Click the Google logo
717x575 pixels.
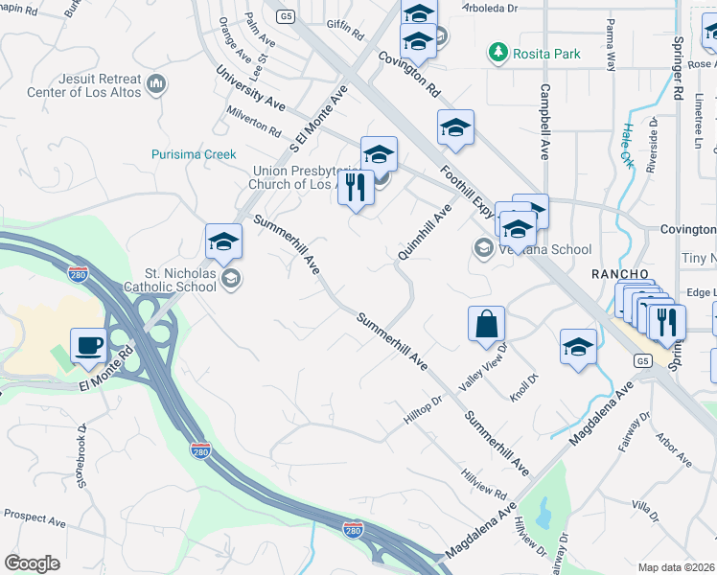tap(33, 563)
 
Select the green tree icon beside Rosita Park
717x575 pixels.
tap(498, 51)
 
